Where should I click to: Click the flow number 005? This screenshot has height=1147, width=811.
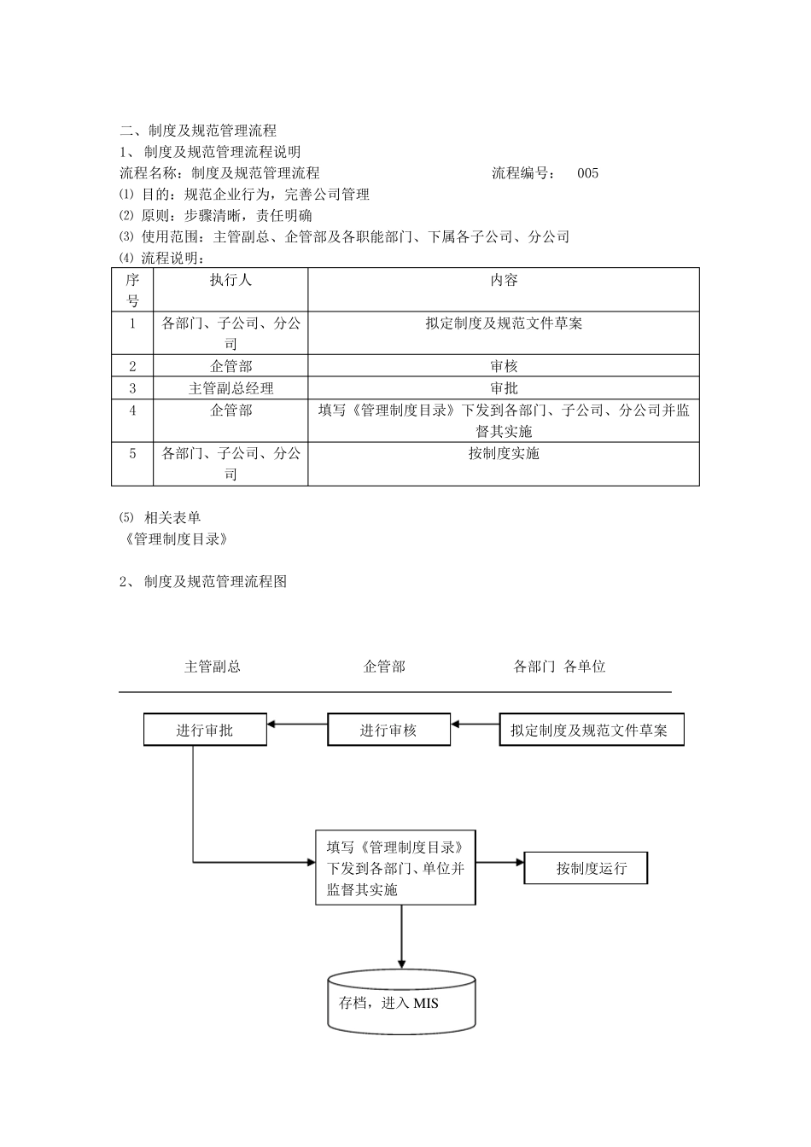coord(587,173)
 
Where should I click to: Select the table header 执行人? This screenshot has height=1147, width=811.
coord(230,280)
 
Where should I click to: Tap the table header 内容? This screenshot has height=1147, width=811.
coord(504,280)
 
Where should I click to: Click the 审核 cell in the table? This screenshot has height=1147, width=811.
coord(504,366)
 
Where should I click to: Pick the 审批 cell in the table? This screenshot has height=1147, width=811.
coord(504,388)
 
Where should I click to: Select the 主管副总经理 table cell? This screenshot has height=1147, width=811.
coord(230,388)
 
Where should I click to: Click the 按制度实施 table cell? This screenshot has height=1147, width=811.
coord(504,453)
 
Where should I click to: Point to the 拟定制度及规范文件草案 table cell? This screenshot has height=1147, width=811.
coord(504,323)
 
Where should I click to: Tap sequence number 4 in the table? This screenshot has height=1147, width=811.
coord(132,410)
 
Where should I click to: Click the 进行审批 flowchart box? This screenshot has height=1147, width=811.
coord(205,731)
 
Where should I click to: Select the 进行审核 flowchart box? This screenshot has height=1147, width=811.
coord(388,731)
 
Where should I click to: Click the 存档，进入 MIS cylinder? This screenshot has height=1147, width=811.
coord(401,1003)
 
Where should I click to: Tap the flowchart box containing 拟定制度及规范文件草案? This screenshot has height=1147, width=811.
coord(591,731)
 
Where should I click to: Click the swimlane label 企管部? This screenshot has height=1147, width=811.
coord(384,667)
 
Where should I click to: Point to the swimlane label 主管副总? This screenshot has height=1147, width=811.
coord(213,667)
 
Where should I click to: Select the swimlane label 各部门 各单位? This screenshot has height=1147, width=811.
coord(559,667)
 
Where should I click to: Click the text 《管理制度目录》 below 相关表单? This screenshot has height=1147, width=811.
coord(175,539)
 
